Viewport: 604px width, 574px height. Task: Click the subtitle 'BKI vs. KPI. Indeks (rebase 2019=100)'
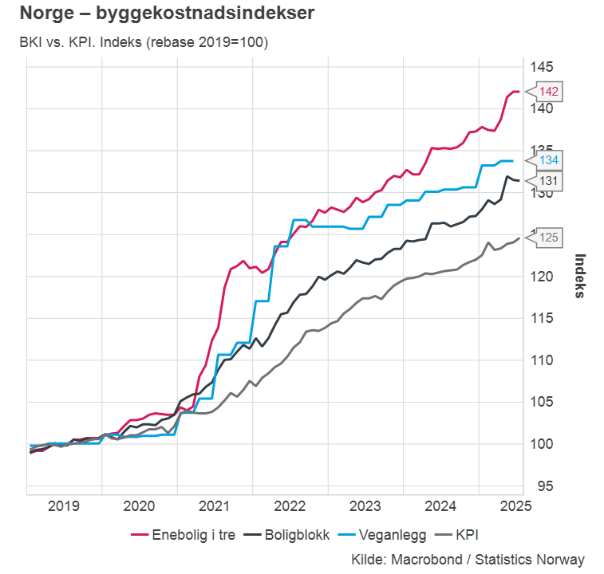click(x=144, y=42)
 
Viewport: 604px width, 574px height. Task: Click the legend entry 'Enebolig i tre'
click(x=186, y=535)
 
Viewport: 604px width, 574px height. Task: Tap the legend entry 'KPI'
click(x=465, y=535)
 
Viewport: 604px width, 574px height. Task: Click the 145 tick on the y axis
click(x=544, y=67)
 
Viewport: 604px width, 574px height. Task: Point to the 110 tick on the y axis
click(x=544, y=360)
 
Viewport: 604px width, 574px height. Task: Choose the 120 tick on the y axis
click(x=544, y=277)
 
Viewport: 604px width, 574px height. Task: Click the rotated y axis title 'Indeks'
click(x=580, y=276)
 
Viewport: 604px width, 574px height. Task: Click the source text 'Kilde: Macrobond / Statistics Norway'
click(x=468, y=560)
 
